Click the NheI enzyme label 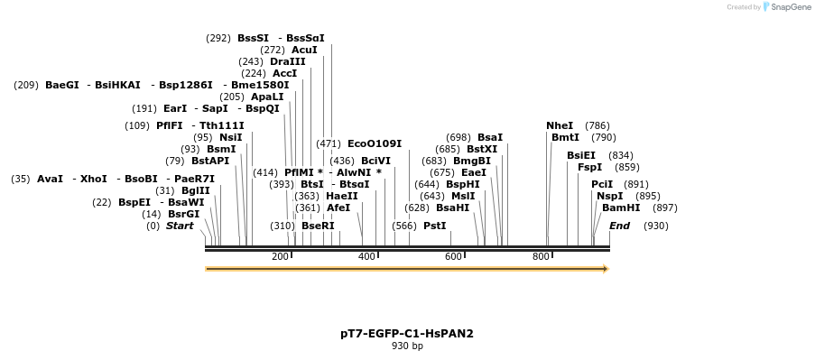560,125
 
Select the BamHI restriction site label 621,208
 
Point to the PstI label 435,226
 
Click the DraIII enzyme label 287,61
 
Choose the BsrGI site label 183,214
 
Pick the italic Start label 180,226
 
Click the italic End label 619,226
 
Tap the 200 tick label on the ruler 280,257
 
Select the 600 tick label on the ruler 453,257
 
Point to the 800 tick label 540,257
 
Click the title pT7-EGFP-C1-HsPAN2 407,333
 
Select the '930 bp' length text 407,346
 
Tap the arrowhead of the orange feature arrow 606,268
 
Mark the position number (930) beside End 656,226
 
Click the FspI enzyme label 589,167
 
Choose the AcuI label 304,50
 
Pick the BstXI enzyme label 482,149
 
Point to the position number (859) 627,167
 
